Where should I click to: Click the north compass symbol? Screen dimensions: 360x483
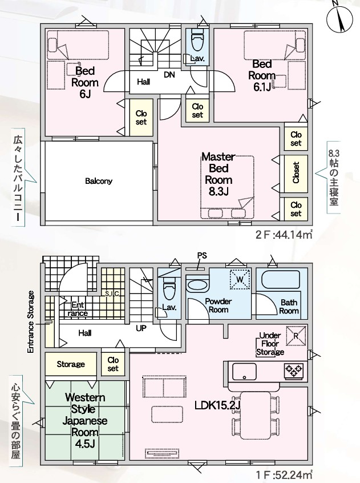339,18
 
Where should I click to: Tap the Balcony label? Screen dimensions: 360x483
99,181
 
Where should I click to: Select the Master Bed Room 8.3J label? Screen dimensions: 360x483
219,174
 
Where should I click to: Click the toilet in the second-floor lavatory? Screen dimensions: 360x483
197,42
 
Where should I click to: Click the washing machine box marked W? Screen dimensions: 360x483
240,279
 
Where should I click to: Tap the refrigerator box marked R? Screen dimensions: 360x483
296,336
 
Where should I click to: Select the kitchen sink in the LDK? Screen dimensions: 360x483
244,372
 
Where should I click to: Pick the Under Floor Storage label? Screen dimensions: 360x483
270,344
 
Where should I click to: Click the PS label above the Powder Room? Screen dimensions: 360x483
202,255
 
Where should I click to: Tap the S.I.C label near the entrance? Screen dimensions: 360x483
112,293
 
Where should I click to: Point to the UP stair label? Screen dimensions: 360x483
141,328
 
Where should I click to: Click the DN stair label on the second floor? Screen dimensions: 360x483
169,75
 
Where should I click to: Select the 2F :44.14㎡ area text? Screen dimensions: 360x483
284,235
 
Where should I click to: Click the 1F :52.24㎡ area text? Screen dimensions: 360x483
284,474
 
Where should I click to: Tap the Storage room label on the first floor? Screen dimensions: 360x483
71,364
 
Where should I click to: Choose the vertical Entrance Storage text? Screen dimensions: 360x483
30,322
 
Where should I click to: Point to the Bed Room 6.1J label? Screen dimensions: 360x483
262,76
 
